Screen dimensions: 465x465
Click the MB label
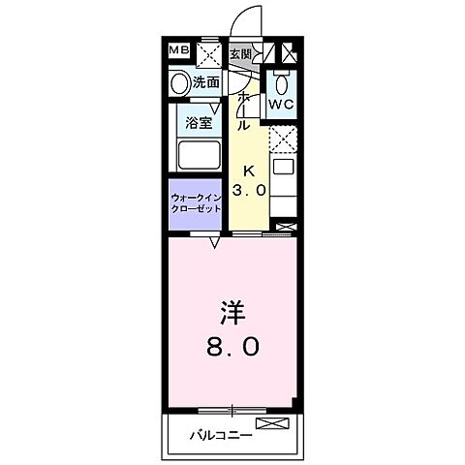coord(179,50)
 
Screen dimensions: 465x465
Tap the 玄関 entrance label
coord(239,52)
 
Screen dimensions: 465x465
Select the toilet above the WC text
coord(281,80)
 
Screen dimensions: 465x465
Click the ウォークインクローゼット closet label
coord(199,203)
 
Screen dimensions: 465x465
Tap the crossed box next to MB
coord(207,52)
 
